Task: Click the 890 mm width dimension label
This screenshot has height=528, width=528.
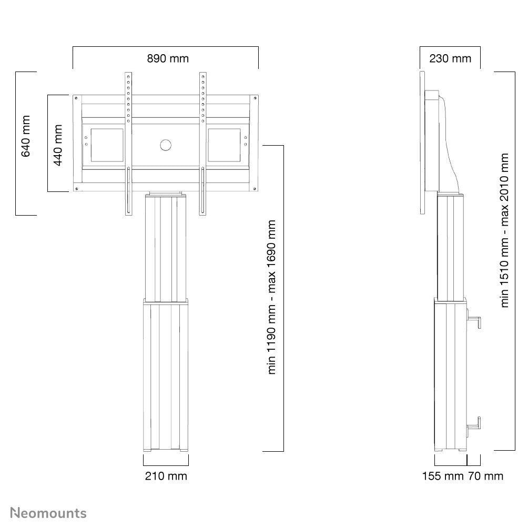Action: click(x=167, y=58)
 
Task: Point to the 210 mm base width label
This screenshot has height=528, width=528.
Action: click(x=166, y=476)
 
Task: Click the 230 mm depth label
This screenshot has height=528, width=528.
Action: click(x=450, y=58)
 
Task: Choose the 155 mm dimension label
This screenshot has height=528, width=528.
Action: click(x=442, y=476)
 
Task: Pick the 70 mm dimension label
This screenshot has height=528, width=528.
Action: click(x=485, y=476)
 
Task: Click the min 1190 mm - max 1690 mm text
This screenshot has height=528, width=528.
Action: click(x=272, y=297)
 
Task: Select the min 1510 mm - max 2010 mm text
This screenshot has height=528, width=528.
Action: click(x=505, y=230)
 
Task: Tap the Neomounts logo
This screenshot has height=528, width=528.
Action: click(x=49, y=513)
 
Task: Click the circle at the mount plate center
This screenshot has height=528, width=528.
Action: click(x=166, y=145)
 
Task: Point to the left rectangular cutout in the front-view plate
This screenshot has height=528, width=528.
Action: click(x=108, y=146)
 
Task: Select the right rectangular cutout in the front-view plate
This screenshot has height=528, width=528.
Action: click(x=224, y=146)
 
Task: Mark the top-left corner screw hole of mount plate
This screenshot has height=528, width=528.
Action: click(x=77, y=98)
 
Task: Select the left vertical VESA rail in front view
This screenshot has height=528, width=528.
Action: click(x=128, y=143)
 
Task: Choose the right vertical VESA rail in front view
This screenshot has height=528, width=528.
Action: click(x=203, y=143)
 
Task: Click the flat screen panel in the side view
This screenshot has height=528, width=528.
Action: click(x=423, y=142)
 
